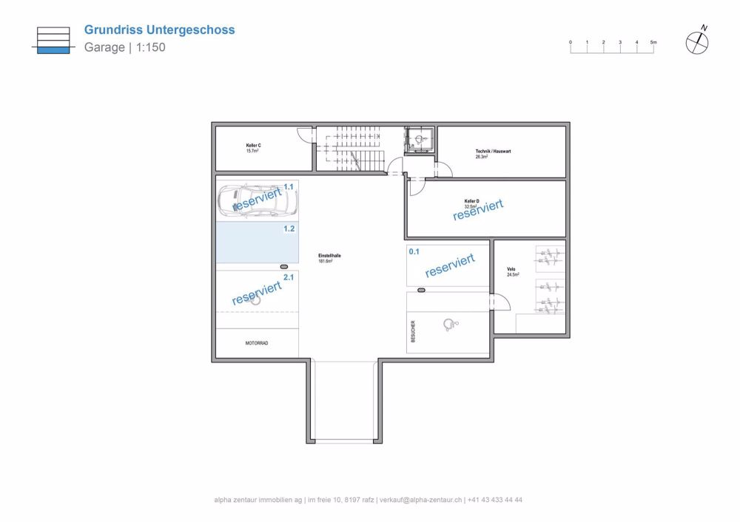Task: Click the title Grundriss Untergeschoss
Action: [x=159, y=30]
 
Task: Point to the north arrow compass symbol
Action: [x=697, y=43]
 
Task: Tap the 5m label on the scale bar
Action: [x=653, y=43]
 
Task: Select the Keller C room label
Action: [x=253, y=146]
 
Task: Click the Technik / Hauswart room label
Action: [x=493, y=152]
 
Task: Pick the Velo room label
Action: [x=511, y=269]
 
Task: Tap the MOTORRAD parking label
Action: [x=257, y=344]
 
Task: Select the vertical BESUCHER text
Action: [x=413, y=331]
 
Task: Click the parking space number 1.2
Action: [x=289, y=229]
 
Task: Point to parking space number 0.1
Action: [x=414, y=251]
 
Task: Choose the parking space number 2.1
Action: [x=289, y=277]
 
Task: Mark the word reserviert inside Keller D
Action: [x=478, y=210]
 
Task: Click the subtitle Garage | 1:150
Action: [x=124, y=48]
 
